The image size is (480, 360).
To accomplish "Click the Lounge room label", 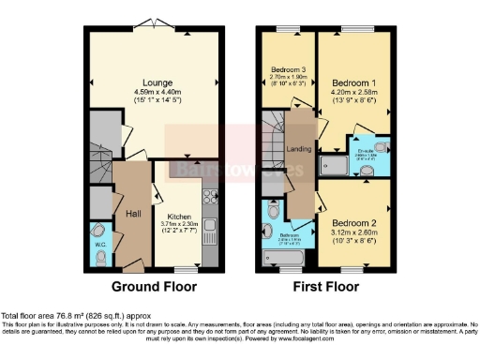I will (155, 82).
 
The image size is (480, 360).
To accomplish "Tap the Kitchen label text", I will (177, 215).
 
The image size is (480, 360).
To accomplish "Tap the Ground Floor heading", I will (154, 286).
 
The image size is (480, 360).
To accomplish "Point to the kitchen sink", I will (212, 228).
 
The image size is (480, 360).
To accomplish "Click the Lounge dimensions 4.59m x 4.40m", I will (155, 92).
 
